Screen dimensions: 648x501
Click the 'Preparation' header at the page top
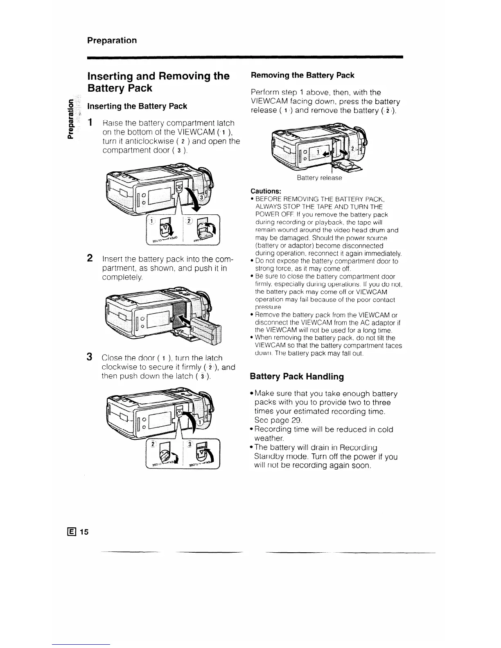112,40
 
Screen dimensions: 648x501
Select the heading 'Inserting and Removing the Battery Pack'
158,82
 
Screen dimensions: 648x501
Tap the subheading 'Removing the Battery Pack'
302,75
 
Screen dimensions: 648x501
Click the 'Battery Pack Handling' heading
297,376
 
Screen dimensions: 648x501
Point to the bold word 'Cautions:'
266,191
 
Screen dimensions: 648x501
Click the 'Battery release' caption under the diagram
319,178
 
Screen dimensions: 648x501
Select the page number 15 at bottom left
84,532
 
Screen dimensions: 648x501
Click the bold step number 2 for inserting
89,258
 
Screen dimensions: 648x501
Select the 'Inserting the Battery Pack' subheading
138,106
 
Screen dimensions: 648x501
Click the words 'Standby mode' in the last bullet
287,457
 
